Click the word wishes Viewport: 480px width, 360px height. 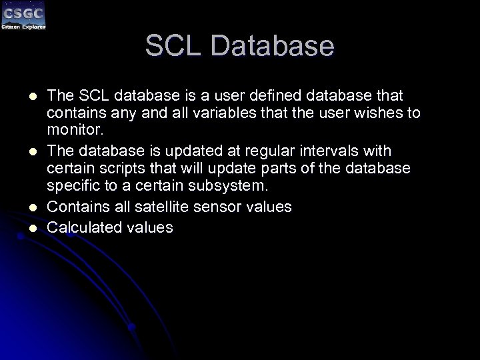pos(369,113)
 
